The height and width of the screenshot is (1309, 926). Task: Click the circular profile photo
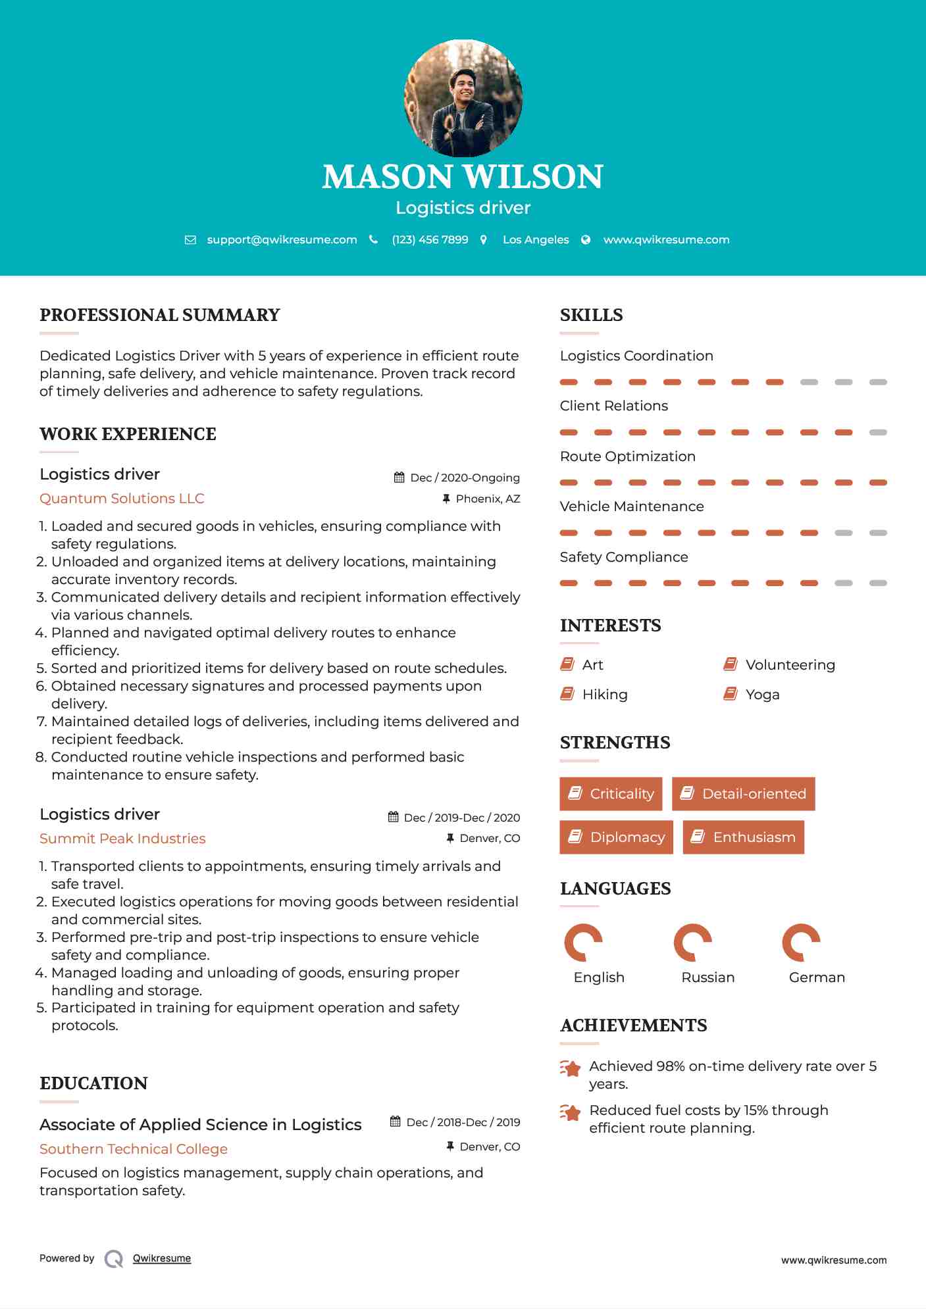coord(463,99)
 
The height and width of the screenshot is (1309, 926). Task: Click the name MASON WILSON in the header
coord(463,177)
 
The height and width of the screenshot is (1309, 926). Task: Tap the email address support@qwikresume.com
coord(282,240)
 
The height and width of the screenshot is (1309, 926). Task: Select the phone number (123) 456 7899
coord(430,240)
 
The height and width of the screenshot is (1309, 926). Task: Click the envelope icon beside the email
coord(190,240)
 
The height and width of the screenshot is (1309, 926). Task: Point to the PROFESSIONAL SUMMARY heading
coord(160,315)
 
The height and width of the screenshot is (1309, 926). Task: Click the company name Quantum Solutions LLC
coord(122,499)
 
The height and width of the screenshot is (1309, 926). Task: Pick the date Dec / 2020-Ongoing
coord(465,478)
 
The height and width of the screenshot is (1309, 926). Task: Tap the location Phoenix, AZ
coord(488,499)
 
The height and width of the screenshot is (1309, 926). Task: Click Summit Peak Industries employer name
coord(122,839)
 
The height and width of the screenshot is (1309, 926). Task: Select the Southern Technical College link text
coord(134,1149)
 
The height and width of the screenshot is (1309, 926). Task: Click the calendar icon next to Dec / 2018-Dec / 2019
coord(396,1122)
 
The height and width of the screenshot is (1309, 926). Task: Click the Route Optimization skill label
coord(627,457)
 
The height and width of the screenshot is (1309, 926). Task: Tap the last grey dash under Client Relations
coord(878,433)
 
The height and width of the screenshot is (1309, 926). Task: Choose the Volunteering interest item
coord(790,665)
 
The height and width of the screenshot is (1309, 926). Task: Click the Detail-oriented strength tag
coord(743,794)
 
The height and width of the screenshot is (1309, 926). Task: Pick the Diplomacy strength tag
coord(616,837)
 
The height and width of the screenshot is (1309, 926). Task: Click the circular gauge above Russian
coord(692,943)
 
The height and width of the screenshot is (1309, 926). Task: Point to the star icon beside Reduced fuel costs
coord(570,1113)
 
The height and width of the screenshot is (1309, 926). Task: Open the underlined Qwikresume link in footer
coord(162,1258)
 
